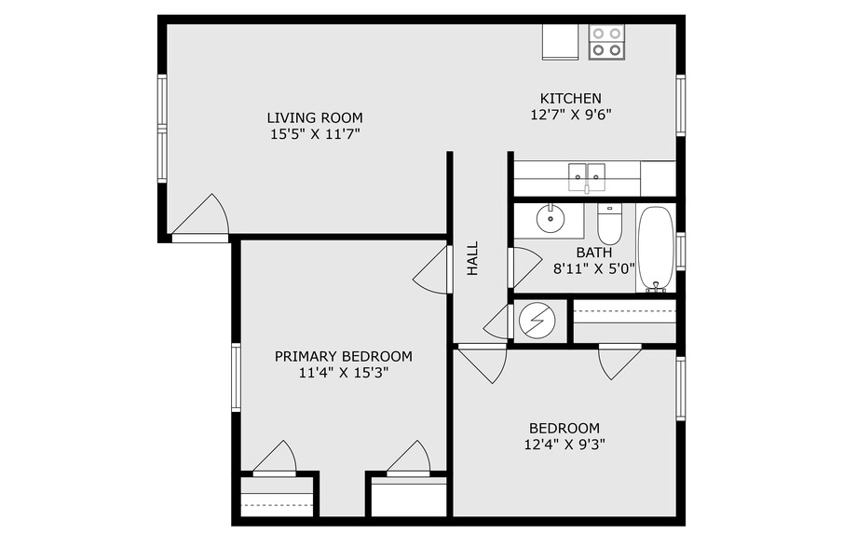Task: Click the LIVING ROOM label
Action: pos(315,117)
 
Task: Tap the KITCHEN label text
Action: pos(570,98)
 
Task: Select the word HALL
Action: pos(472,258)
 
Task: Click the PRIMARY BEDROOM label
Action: pos(343,356)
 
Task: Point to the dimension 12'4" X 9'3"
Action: pos(565,445)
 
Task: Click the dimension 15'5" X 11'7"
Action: pos(315,134)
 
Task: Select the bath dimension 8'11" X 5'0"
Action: pos(594,267)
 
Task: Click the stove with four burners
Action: pos(606,40)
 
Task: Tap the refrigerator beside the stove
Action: pos(563,40)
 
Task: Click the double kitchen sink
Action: pos(587,172)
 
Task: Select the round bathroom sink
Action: pos(550,220)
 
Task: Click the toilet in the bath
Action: pos(609,225)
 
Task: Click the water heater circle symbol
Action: pos(536,320)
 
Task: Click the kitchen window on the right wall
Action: pos(681,104)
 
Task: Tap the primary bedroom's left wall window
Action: pos(237,377)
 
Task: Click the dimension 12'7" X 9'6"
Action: pos(570,115)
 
